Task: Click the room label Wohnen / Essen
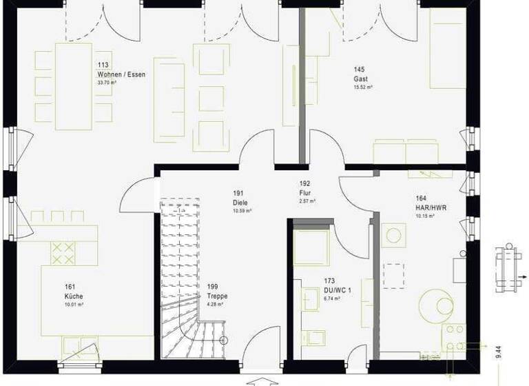click(122, 74)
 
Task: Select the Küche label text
click(74, 296)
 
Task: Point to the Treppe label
click(216, 296)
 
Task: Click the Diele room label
click(240, 203)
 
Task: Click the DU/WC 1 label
click(338, 291)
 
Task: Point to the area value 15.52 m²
click(363, 88)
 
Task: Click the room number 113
click(103, 66)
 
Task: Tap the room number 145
click(359, 70)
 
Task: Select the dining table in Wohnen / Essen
click(72, 86)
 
